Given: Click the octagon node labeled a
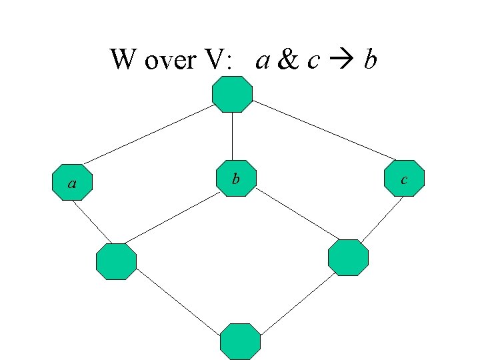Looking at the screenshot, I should pyautogui.click(x=71, y=182).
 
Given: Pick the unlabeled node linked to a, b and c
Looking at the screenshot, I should pyautogui.click(x=232, y=94).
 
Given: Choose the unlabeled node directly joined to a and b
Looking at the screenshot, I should pyautogui.click(x=116, y=261).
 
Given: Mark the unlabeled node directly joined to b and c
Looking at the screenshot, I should pyautogui.click(x=348, y=257).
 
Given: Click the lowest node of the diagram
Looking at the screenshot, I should pyautogui.click(x=240, y=341).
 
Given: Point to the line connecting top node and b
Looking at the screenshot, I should pyautogui.click(x=232, y=136).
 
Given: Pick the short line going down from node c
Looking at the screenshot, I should pyautogui.click(x=383, y=219).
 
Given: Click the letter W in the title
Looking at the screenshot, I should pyautogui.click(x=122, y=61).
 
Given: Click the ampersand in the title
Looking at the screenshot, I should pyautogui.click(x=287, y=61).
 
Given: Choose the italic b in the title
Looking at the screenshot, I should pyautogui.click(x=370, y=61).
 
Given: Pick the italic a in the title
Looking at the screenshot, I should pyautogui.click(x=263, y=63).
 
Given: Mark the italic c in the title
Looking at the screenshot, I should pyautogui.click(x=312, y=63).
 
